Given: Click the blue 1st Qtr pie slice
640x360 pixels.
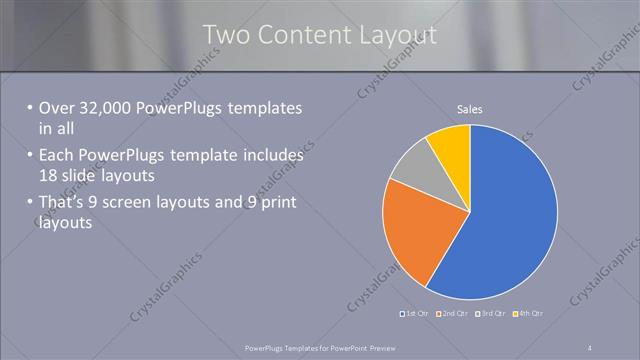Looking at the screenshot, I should coord(505,215).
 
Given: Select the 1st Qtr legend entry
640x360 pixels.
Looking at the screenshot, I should coord(416,315).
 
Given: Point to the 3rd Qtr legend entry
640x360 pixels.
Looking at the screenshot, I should coord(492,315).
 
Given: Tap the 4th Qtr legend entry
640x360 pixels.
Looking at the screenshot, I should coord(529,315).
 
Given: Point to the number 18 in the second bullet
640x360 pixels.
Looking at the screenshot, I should coord(49,175).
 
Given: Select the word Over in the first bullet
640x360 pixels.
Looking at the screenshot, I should coord(56,108).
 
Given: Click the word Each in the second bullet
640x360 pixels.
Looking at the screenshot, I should coord(56,156).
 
